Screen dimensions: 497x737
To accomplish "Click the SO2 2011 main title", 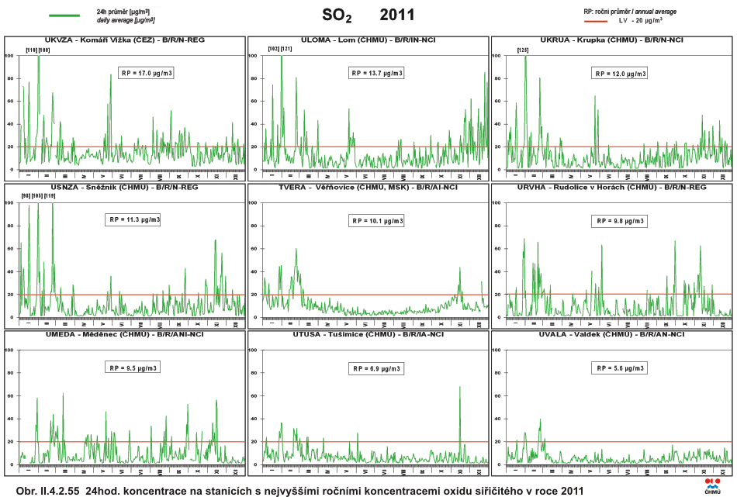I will pos(368,15).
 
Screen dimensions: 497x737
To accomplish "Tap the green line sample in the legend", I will pos(64,15).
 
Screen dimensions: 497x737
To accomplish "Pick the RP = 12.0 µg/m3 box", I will pos(619,74).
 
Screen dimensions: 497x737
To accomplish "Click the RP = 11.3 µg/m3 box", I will pos(133,219).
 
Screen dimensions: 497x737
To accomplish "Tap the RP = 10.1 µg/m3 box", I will pos(376,220).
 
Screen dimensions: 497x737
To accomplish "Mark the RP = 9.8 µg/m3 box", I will pos(619,220).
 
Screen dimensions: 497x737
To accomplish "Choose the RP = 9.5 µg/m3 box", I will pos(133,368).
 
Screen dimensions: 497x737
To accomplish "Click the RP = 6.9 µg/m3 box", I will pos(376,368).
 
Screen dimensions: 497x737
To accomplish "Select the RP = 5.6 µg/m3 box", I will pos(619,368).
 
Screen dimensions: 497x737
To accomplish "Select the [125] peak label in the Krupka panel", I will pos(522,50).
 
